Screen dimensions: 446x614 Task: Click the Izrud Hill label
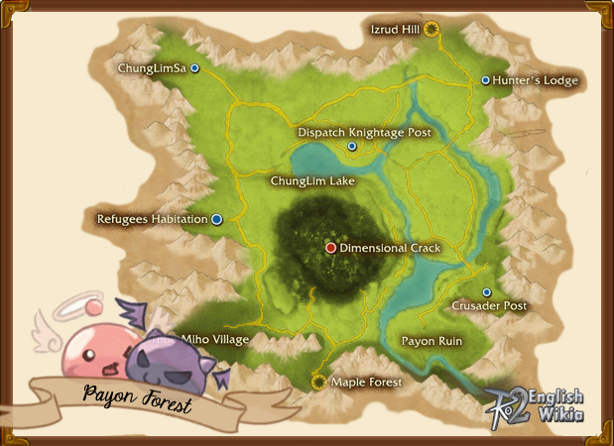coord(396,30)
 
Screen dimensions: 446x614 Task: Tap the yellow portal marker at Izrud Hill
coord(431,30)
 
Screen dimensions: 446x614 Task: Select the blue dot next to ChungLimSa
coord(195,68)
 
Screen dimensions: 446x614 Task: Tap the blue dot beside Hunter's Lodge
coord(485,80)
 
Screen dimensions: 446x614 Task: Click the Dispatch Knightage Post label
coord(365,132)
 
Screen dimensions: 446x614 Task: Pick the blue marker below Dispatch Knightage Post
coord(352,147)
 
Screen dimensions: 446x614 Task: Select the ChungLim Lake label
coord(312,181)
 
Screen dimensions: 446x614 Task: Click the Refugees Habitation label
coord(152,219)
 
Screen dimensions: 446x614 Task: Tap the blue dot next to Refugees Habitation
coord(216,219)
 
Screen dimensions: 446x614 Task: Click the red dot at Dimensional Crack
coord(331,248)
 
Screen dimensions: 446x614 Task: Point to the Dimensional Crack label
coord(390,248)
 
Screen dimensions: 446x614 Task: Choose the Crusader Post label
coord(489,307)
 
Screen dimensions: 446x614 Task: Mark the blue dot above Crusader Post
coord(486,292)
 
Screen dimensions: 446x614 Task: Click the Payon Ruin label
coord(431,340)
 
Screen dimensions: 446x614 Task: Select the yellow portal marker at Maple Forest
coord(318,381)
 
